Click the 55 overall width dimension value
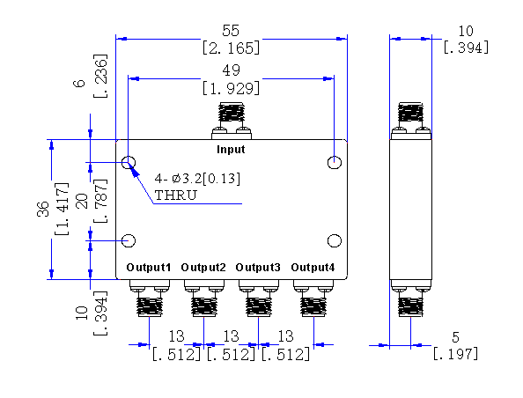[x=231, y=31]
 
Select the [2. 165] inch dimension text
[x=231, y=48]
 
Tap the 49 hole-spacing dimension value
[x=231, y=70]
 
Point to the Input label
[x=231, y=149]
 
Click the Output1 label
[x=149, y=267]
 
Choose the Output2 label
[x=203, y=267]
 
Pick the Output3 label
[x=258, y=267]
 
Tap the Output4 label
[x=313, y=267]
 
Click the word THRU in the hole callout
[x=176, y=195]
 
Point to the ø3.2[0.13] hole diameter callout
[x=206, y=179]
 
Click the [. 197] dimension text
[x=455, y=353]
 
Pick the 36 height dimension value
[x=43, y=210]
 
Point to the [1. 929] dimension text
[x=231, y=88]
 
